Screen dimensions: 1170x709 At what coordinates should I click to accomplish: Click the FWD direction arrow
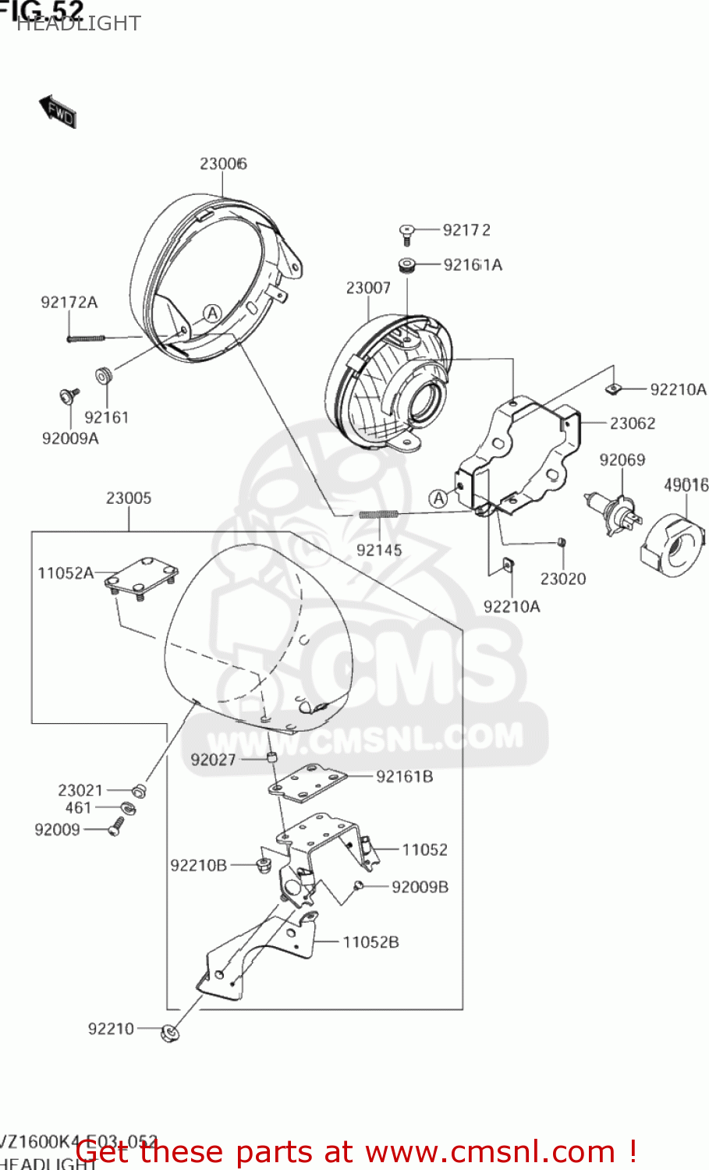click(x=58, y=112)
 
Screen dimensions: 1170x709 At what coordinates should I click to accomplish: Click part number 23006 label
click(x=223, y=163)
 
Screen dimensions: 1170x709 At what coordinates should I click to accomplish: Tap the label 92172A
click(x=69, y=302)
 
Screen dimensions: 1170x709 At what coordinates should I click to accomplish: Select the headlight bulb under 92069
click(x=612, y=514)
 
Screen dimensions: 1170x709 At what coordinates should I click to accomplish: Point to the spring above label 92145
click(x=378, y=514)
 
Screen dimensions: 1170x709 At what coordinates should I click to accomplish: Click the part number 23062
click(x=632, y=424)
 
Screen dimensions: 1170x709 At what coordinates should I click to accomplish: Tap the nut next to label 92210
click(x=169, y=1033)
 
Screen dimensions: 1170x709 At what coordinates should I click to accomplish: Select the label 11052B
click(x=370, y=942)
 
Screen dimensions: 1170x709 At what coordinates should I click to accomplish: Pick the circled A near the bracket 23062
click(x=439, y=498)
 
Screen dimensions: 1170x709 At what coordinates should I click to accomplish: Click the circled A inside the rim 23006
click(x=212, y=314)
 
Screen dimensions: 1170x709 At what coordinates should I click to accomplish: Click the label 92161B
click(x=404, y=776)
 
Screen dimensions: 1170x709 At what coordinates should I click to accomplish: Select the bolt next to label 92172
click(x=406, y=230)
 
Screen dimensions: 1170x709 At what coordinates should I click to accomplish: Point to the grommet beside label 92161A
click(x=406, y=265)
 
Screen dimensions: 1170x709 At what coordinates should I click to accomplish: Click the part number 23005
click(x=129, y=498)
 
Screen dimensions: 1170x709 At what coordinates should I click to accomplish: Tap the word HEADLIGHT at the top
click(x=78, y=24)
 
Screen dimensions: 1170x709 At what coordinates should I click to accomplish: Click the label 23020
click(x=562, y=578)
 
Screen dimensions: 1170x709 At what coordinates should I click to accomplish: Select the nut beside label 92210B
click(x=262, y=864)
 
